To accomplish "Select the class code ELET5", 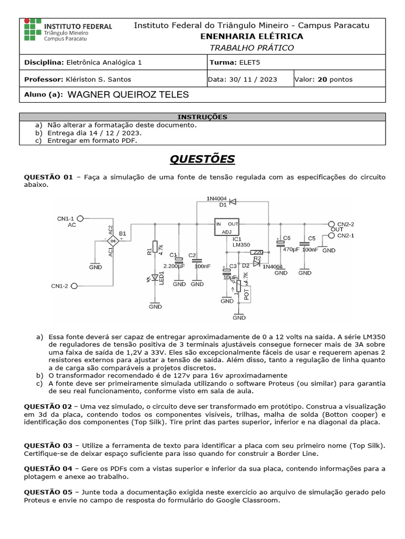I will (249, 62).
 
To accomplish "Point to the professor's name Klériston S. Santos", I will (99, 79).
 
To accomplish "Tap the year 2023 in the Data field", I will (267, 79).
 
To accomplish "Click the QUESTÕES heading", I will (202, 159).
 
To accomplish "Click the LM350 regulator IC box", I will (227, 228).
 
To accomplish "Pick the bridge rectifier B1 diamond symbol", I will (112, 241).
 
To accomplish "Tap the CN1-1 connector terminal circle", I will (81, 218).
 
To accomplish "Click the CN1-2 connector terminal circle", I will (74, 286).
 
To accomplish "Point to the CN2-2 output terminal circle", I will (331, 224).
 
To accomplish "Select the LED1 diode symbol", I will (155, 277).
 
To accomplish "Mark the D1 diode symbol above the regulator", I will (233, 201).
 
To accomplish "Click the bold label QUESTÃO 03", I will (48, 446).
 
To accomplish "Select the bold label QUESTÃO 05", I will (48, 492).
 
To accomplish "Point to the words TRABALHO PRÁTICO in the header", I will (252, 48).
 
